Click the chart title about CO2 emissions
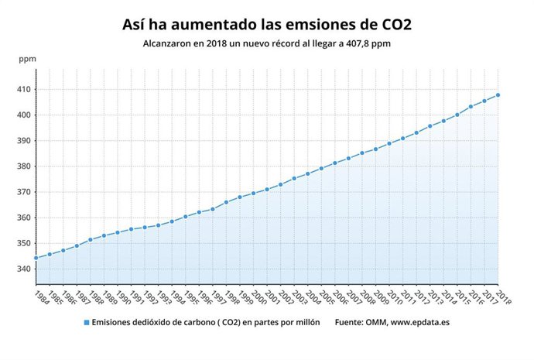click(267, 24)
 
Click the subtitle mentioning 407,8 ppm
click(267, 44)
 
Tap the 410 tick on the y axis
click(23, 90)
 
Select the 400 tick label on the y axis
click(23, 115)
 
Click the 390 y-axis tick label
click(23, 141)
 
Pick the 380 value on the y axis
click(23, 166)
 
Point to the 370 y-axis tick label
click(23, 192)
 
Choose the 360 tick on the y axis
click(23, 218)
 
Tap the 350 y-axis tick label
click(23, 243)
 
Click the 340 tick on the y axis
click(23, 269)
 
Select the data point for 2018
click(498, 95)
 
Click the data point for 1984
click(36, 258)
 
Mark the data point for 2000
click(253, 193)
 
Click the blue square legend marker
click(87, 323)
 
